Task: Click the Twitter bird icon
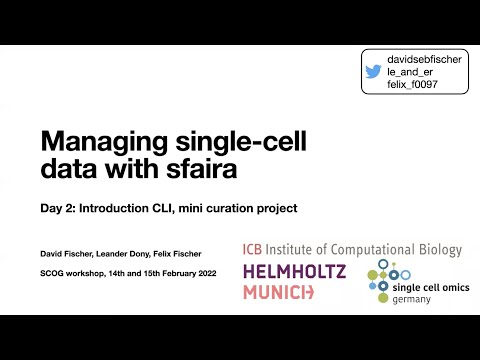tap(373, 72)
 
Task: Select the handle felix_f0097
tap(414, 86)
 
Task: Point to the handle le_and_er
tap(410, 73)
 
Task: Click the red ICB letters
tap(255, 249)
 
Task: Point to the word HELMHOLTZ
tap(294, 271)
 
